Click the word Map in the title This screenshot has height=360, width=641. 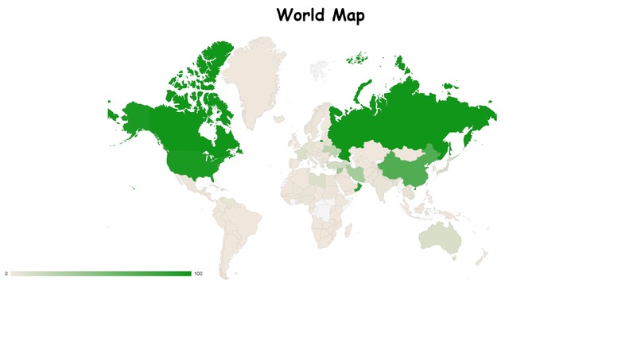tap(348, 15)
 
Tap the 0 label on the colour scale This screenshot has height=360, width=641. tap(6, 274)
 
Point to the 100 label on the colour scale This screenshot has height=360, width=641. tap(198, 274)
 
